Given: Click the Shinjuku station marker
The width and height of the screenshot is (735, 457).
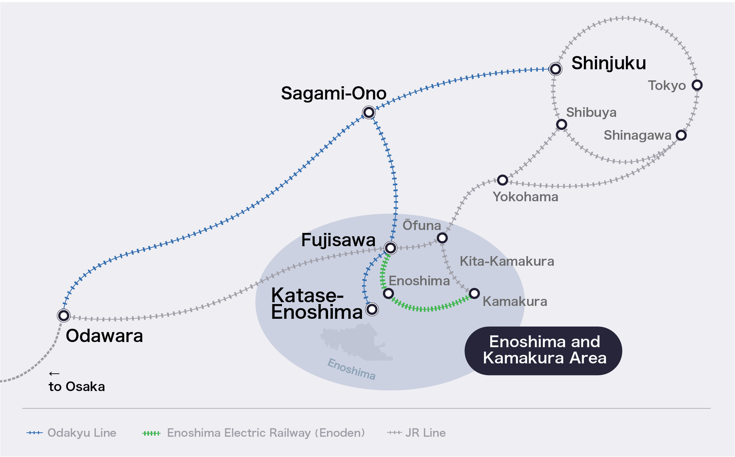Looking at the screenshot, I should (x=555, y=69).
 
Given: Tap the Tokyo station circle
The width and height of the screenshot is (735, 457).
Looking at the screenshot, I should (x=697, y=85).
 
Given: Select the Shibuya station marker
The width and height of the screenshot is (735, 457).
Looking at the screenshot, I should (x=561, y=125).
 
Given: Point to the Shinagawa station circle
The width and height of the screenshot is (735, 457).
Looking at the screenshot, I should (x=681, y=135).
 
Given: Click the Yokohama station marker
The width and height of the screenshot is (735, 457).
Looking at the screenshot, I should (x=502, y=180).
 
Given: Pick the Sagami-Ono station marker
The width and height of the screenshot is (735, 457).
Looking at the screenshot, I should (x=369, y=112).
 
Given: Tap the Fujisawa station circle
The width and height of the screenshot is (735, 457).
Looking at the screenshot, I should (x=390, y=248).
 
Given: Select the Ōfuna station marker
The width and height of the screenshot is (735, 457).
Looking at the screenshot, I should (x=442, y=238).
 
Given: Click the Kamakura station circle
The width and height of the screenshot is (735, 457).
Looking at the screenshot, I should (x=474, y=293).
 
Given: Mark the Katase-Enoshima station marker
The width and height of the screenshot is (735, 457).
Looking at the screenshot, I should (x=372, y=309).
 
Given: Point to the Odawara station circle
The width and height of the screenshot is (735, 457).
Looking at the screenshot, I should (x=64, y=315).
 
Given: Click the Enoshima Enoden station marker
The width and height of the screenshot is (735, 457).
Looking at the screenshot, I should (x=388, y=293).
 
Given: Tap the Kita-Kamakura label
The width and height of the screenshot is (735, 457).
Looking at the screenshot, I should (x=507, y=261).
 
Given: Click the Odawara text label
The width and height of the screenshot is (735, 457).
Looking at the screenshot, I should (x=104, y=336).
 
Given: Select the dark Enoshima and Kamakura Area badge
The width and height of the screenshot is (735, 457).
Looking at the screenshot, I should (x=543, y=350).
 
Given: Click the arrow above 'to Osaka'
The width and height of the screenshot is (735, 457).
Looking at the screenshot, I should (x=54, y=374).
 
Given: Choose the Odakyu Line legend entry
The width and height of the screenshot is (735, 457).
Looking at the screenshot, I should (x=72, y=433).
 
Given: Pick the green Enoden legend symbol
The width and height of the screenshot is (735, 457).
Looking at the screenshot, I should (x=151, y=433).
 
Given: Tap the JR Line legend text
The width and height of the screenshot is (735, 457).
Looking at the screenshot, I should (x=425, y=433).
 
